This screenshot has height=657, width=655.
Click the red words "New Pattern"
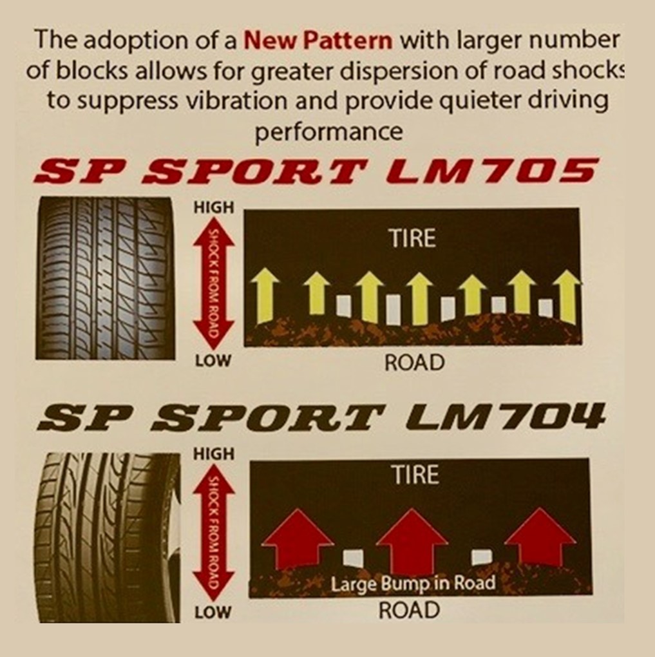click(x=318, y=41)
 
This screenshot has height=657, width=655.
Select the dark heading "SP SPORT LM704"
click(x=320, y=417)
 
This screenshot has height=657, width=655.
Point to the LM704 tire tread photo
click(x=106, y=537)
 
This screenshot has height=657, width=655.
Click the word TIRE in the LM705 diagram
click(x=412, y=239)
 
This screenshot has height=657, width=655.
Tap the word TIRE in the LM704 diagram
click(x=415, y=475)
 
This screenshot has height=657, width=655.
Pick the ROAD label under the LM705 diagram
click(x=414, y=363)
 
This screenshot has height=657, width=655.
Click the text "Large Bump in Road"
click(x=413, y=584)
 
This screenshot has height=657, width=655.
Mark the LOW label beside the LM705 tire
click(x=213, y=361)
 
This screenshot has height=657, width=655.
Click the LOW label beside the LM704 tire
click(x=213, y=612)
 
